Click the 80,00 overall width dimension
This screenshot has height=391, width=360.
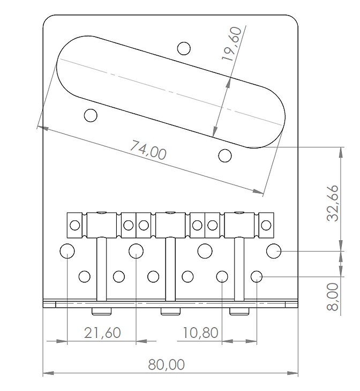click(166, 364)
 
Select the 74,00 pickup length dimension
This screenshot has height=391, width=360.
click(148, 150)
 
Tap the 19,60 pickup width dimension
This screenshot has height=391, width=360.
click(231, 44)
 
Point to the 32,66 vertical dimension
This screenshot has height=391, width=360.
click(333, 203)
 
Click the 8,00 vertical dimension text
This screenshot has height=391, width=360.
click(333, 297)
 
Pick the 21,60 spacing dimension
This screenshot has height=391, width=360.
click(102, 333)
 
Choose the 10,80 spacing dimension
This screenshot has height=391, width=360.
click(200, 333)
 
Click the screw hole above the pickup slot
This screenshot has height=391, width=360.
click(184, 48)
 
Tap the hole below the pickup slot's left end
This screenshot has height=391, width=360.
click(91, 115)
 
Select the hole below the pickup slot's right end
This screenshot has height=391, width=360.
click(224, 156)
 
